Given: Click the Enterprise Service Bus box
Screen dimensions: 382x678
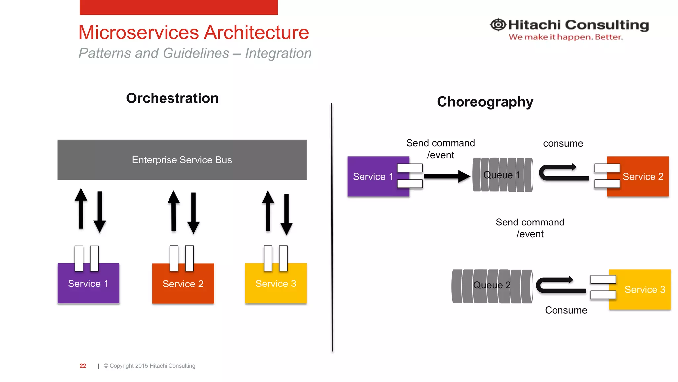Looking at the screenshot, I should pos(182,159).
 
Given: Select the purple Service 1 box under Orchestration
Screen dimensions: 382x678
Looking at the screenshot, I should pos(88,284).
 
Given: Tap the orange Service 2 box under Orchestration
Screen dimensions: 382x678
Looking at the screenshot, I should pos(183,284).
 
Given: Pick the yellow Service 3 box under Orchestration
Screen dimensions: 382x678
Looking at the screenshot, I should pos(275,284).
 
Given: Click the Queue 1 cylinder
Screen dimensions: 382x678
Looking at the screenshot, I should pos(502,175).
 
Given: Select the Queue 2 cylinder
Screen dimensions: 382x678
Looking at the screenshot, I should pos(492,286).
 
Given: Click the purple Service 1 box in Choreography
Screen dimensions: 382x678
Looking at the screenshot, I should pos(372,176).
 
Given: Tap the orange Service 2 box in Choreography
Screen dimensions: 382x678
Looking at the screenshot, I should pos(642,176).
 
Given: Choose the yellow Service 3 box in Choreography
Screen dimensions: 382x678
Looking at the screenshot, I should pos(644,290).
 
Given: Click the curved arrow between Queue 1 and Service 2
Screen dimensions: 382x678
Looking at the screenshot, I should pos(563,173).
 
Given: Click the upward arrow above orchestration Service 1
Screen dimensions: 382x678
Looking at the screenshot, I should pos(81,209).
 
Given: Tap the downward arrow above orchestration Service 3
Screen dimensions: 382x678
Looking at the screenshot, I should pos(286,214).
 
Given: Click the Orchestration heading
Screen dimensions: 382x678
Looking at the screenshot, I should pos(172,98).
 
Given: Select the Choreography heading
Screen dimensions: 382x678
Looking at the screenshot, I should pos(485,102).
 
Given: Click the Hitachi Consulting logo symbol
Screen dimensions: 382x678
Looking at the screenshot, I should pos(498,25).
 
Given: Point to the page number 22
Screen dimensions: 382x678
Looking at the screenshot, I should pos(83,366).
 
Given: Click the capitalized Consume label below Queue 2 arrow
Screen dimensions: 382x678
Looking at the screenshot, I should pos(566,310).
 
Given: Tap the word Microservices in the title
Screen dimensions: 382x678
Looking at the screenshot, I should pos(139,32).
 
